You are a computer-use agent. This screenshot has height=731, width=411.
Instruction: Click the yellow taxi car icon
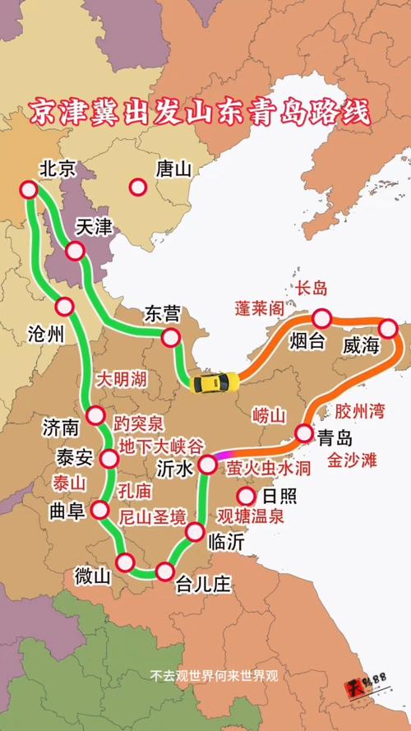click(215, 382)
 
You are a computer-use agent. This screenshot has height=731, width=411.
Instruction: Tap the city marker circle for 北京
click(30, 190)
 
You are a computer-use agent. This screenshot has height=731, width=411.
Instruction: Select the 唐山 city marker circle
click(137, 187)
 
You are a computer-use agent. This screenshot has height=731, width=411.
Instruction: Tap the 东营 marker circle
click(171, 337)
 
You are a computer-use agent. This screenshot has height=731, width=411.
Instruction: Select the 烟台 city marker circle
click(321, 318)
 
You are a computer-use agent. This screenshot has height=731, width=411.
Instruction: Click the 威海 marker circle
click(388, 329)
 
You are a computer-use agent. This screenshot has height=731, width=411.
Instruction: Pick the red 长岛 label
click(312, 288)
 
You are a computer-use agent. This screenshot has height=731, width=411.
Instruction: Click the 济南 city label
click(61, 428)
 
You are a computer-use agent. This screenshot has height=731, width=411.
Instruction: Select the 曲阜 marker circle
click(101, 510)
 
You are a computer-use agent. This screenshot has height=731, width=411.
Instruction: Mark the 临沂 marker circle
click(195, 531)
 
